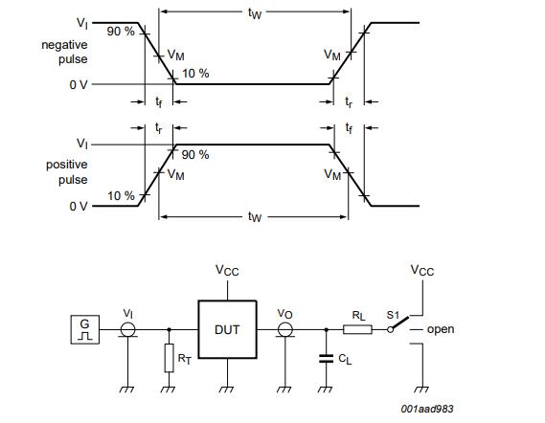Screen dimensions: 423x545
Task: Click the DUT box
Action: pos(227,329)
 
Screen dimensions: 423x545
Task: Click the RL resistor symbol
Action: pos(357,329)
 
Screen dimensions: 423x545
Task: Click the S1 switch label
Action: pos(393,314)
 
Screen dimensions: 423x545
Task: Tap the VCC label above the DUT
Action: pos(227,271)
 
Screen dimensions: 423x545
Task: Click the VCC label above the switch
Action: pos(421,271)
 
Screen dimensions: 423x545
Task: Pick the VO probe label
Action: pos(284,313)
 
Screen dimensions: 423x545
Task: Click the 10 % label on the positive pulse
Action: pos(121,195)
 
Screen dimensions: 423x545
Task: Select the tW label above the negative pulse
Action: pos(254,14)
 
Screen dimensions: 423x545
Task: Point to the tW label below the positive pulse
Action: pos(254,217)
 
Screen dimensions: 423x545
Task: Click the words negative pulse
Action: pos(65,53)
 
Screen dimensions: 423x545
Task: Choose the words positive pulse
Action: pos(66,171)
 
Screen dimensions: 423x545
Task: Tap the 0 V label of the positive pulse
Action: pos(79,206)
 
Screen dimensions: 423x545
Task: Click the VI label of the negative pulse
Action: pos(82,22)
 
